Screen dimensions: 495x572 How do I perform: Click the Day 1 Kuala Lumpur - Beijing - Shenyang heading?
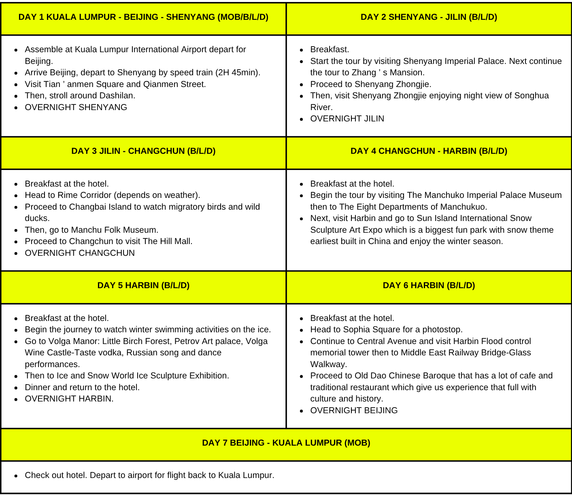tap(143, 17)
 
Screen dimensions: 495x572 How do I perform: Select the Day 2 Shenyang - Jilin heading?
tap(429, 17)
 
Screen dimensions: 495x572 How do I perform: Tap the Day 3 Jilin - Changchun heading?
tap(143, 151)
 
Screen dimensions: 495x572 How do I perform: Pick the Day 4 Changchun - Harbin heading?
tap(429, 151)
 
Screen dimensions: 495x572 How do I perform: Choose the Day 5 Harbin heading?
tap(143, 285)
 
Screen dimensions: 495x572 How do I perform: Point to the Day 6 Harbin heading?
tap(429, 285)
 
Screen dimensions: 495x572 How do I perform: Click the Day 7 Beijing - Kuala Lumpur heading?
tap(286, 443)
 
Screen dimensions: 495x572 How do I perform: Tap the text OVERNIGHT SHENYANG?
tap(76, 107)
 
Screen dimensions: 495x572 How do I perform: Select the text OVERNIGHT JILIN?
tap(347, 119)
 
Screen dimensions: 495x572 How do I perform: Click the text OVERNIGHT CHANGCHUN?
tap(80, 253)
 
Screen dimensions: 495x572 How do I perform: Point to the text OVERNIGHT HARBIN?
tap(69, 399)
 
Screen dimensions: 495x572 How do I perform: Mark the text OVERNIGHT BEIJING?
tap(354, 410)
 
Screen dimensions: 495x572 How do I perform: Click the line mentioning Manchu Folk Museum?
tap(91, 230)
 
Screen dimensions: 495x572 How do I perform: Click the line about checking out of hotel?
tap(149, 475)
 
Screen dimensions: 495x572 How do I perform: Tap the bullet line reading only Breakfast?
tap(330, 49)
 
